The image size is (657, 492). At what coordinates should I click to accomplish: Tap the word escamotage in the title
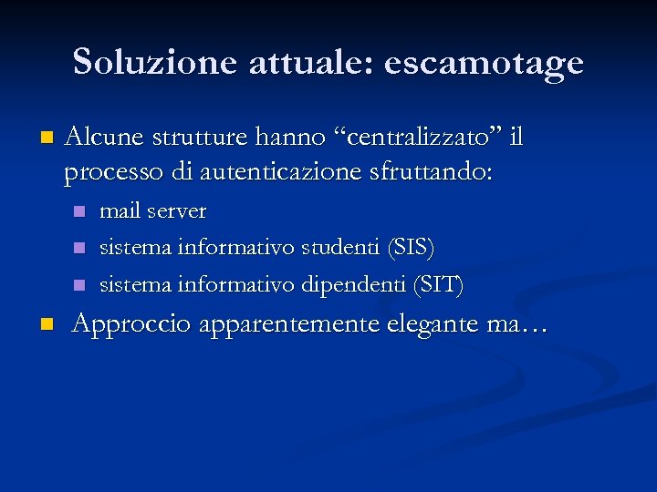[484, 64]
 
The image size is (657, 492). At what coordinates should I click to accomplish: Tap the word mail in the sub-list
[119, 211]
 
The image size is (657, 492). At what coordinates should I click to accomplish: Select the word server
[177, 211]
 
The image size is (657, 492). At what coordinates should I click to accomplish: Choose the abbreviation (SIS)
[412, 248]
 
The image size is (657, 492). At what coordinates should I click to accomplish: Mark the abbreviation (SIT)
[439, 285]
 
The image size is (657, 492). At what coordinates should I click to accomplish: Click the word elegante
[434, 324]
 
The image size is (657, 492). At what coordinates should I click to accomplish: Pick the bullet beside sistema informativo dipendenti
[80, 286]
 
